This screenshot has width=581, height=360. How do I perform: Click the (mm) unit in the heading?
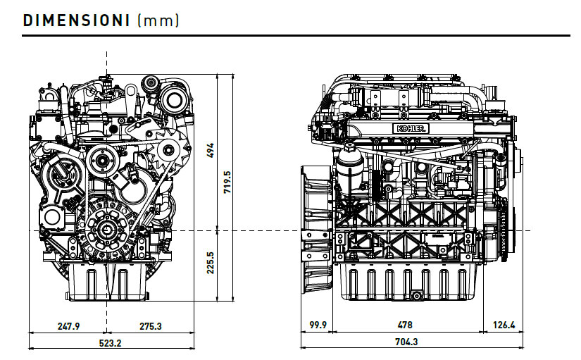click(158, 20)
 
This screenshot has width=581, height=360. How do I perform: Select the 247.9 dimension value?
click(68, 326)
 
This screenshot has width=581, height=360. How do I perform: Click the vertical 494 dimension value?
click(210, 151)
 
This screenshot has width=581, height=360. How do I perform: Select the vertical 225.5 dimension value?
click(210, 263)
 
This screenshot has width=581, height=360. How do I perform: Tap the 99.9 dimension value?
click(318, 325)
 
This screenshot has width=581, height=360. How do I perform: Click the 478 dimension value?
click(405, 325)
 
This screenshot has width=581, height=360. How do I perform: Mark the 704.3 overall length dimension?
click(407, 342)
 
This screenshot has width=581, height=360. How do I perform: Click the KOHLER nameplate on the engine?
click(412, 129)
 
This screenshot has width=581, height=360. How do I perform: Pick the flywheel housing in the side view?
click(314, 229)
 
